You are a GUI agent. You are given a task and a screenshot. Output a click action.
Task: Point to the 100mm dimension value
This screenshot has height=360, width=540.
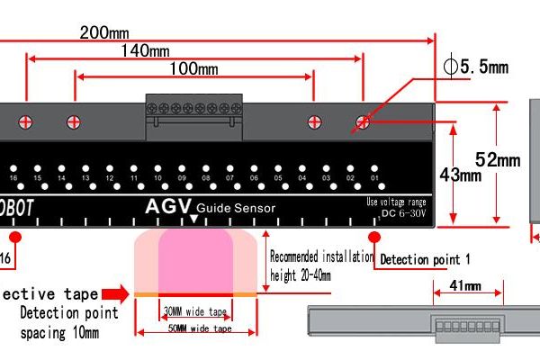pyautogui.click(x=193, y=69)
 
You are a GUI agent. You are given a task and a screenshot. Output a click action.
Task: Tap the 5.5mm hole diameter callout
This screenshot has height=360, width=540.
pyautogui.click(x=477, y=67)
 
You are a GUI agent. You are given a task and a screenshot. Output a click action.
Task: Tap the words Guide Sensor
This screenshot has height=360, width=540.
pyautogui.click(x=236, y=209)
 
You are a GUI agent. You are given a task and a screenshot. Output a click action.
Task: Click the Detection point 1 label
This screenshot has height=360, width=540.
pyautogui.click(x=425, y=259)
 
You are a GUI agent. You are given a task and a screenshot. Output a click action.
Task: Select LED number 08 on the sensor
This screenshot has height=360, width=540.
pyautogui.click(x=206, y=178)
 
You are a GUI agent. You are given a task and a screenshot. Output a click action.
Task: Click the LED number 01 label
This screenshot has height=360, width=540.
pyautogui.click(x=374, y=178)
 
